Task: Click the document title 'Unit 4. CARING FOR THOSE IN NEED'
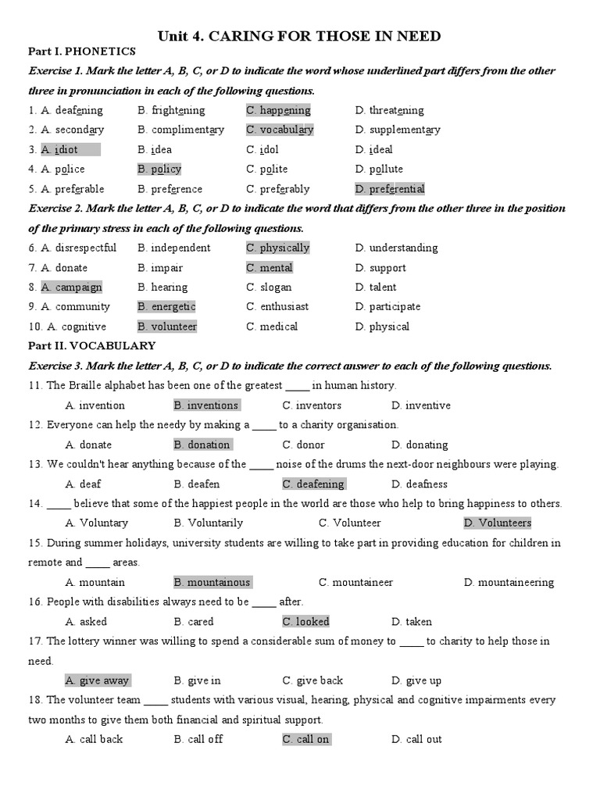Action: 299,36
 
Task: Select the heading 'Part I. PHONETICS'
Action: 82,52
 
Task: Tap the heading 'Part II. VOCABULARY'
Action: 92,345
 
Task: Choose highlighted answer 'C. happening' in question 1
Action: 278,110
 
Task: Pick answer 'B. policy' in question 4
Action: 159,169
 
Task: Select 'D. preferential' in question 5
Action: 389,189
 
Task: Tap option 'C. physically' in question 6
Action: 278,248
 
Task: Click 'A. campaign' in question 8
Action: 72,287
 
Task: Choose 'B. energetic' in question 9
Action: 166,306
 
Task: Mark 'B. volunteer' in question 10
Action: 167,327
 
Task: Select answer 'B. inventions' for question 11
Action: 206,405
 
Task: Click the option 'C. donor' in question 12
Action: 303,445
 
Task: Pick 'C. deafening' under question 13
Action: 312,484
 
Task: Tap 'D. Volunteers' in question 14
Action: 497,523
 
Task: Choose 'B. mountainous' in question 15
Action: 212,582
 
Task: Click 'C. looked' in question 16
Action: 305,622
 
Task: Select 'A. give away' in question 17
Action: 98,680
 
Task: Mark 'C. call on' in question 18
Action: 305,739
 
